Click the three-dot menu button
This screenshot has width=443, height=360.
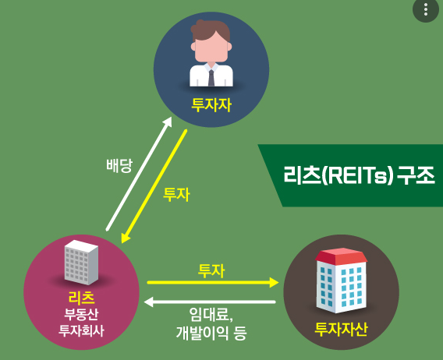coord(425,10)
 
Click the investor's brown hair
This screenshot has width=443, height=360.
coord(211,32)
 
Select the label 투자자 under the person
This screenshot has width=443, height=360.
coord(211,104)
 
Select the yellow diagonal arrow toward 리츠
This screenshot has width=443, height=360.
coord(156,187)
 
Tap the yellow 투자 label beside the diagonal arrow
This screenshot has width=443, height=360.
coord(176,194)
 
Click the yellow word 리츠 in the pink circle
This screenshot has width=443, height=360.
coord(81,297)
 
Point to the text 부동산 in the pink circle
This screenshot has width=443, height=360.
coord(81,314)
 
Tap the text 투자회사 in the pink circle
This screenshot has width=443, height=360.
coord(81,330)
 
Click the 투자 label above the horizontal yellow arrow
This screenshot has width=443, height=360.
coord(211,270)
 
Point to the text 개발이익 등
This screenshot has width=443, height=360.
coord(211,334)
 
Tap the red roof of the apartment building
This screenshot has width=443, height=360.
coord(340,256)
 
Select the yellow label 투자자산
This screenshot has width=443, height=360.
coord(341,329)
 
